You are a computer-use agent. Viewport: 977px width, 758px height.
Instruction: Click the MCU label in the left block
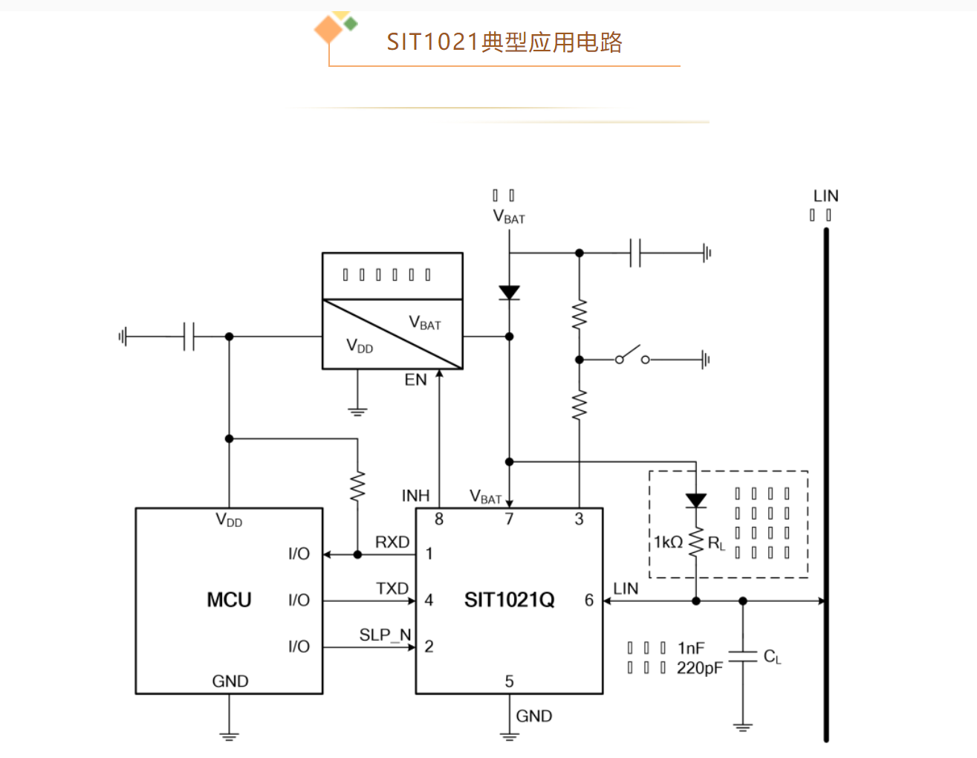229,600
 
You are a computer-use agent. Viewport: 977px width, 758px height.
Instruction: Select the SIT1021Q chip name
509,600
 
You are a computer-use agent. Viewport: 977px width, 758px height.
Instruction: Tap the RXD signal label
392,542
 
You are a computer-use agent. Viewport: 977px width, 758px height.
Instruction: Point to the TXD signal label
392,589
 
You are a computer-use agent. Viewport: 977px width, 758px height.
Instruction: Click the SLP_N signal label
385,635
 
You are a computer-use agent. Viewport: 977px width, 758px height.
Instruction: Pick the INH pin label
415,496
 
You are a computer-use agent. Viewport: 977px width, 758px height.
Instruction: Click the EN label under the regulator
415,380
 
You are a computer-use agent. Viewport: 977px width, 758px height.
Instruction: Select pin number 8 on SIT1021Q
439,519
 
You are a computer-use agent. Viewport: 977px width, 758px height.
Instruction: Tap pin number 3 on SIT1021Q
579,519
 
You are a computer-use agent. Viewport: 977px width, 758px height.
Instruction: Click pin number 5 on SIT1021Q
509,681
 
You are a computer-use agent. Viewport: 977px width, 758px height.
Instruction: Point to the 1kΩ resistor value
668,542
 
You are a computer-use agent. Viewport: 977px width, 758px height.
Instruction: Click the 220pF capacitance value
699,668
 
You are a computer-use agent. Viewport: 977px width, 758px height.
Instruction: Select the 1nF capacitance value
691,648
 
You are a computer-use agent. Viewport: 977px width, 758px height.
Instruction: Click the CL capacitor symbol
742,655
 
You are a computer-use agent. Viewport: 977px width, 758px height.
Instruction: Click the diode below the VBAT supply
509,293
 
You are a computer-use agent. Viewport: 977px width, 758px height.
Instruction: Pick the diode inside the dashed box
695,501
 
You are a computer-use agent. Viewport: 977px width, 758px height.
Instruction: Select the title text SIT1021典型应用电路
504,42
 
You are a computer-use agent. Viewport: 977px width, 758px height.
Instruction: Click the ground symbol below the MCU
229,735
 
